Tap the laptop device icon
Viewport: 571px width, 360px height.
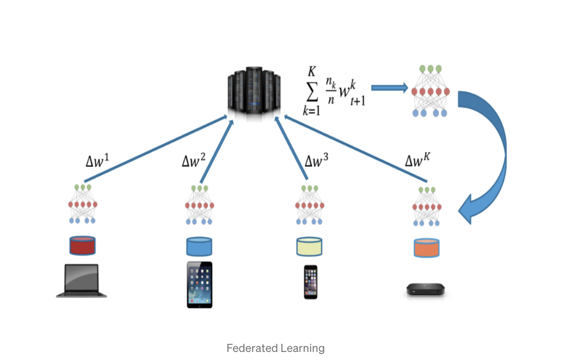(x=82, y=281)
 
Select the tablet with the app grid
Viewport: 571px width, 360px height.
(x=199, y=285)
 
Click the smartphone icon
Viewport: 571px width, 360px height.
(x=310, y=282)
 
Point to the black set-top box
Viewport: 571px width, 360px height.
(x=425, y=289)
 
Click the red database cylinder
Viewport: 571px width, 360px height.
(x=83, y=246)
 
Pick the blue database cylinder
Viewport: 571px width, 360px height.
(x=199, y=246)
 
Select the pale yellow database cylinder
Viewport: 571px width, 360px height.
(x=309, y=246)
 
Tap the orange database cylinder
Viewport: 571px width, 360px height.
(x=426, y=248)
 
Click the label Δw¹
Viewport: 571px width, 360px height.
(x=97, y=160)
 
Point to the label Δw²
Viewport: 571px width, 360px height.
(x=193, y=160)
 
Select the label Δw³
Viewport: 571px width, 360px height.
(x=316, y=160)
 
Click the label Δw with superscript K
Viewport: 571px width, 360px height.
(x=417, y=160)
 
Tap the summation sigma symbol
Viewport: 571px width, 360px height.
(x=312, y=92)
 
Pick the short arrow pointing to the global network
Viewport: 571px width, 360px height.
(x=389, y=88)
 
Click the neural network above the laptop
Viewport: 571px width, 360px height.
(x=83, y=204)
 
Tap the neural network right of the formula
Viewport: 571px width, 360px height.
(x=430, y=91)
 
